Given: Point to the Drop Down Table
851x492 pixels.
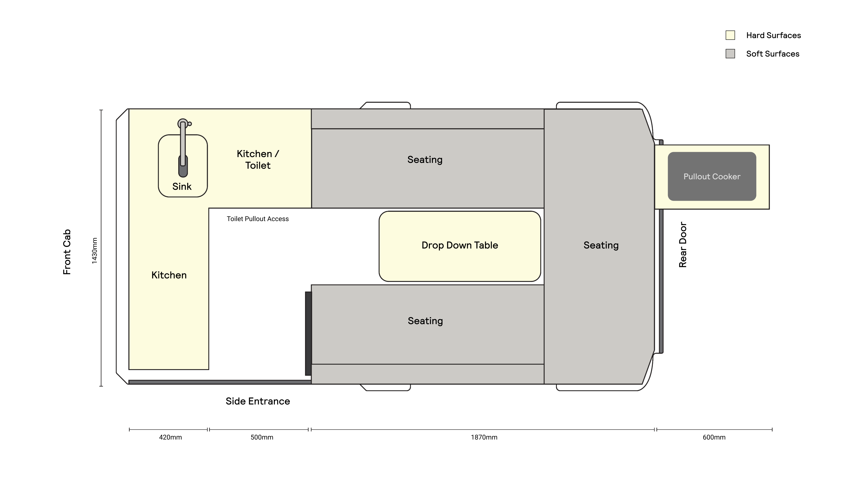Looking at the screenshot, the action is click(x=460, y=246).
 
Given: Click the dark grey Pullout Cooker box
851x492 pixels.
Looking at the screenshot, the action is click(x=712, y=176).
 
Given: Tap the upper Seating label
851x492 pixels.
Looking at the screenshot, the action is click(x=425, y=159).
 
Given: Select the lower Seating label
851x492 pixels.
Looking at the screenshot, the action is click(x=425, y=321).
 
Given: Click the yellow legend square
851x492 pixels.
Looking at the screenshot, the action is click(x=730, y=35).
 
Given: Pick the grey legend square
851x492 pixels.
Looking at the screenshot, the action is click(x=730, y=54).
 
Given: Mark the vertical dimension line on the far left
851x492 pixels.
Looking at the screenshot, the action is click(x=101, y=247).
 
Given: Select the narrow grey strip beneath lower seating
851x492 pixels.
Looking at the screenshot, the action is click(x=427, y=374).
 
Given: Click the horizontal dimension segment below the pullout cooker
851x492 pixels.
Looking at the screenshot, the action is click(x=713, y=429).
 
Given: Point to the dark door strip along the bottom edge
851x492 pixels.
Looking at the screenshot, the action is click(x=220, y=382).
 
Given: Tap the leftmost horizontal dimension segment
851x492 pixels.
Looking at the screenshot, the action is click(x=168, y=429).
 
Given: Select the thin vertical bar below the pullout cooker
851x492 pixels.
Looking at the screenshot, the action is click(x=661, y=280).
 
